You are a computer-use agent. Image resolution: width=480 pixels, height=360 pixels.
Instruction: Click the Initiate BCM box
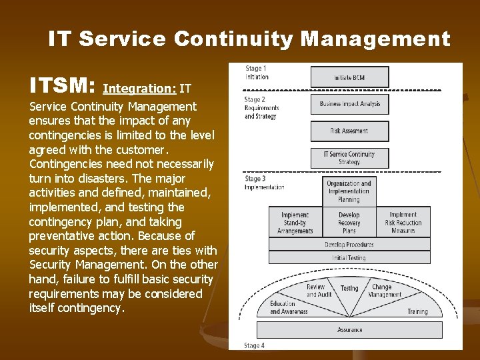coord(349,77)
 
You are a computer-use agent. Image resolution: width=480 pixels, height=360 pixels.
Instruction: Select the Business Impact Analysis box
coord(349,104)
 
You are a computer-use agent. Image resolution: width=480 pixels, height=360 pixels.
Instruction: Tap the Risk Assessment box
coord(349,131)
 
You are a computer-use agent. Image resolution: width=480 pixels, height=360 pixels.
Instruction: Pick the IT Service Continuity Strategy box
coord(349,158)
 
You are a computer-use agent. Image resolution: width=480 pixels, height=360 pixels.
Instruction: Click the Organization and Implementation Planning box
coord(349,191)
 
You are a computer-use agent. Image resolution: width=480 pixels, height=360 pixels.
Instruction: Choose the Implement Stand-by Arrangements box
coord(295,223)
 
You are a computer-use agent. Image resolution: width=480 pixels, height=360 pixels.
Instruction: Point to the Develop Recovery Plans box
coord(349,223)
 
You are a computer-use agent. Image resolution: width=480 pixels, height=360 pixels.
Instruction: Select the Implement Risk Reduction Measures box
coord(403,223)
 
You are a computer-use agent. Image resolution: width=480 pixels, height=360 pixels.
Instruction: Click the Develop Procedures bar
coord(349,245)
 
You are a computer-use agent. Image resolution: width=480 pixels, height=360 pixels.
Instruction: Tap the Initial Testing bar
coord(349,257)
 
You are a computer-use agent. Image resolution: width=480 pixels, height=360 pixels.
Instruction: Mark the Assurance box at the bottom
coord(349,329)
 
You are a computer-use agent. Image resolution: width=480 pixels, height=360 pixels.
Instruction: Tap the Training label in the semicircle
coord(417,311)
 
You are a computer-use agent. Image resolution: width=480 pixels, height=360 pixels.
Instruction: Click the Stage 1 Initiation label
coord(257,73)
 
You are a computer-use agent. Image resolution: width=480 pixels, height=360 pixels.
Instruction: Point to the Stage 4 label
coord(255,345)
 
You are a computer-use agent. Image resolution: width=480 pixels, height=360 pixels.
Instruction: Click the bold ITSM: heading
coord(63,85)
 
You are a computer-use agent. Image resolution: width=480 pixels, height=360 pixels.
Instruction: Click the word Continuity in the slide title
coord(233,39)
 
